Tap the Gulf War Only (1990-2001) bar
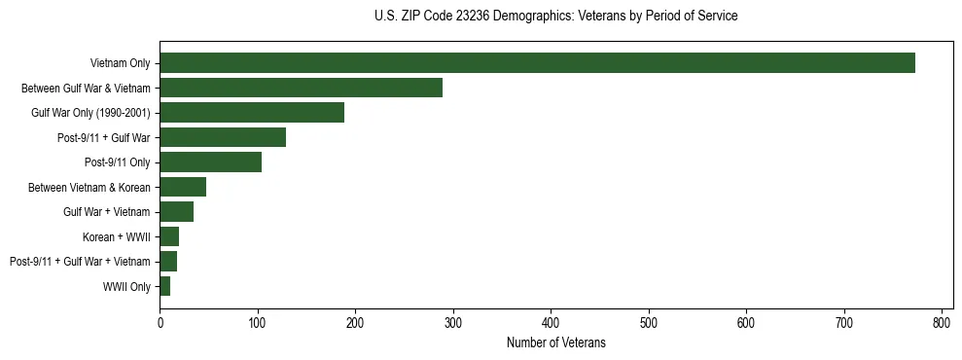[x=252, y=113]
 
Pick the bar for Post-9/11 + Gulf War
[x=223, y=137]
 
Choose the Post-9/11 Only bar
[x=210, y=162]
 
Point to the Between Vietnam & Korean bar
[x=183, y=187]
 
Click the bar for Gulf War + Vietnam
[x=176, y=212]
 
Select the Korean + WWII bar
[x=169, y=236]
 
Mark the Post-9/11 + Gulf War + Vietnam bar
[x=168, y=262]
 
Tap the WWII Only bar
[x=164, y=286]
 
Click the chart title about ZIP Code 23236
[x=555, y=17]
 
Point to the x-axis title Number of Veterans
[x=555, y=342]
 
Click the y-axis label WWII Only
[x=126, y=287]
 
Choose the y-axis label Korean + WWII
[x=117, y=237]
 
